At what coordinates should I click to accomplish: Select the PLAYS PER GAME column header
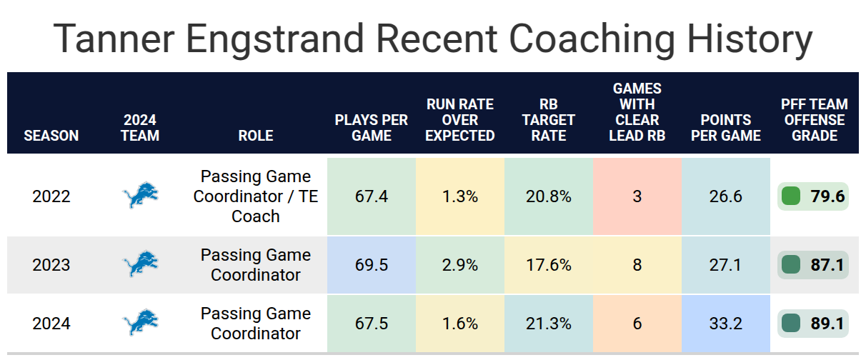tap(371, 128)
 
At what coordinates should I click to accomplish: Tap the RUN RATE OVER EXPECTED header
tap(460, 120)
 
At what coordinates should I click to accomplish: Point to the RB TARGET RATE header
tap(549, 120)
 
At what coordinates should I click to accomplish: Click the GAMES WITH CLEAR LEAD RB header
tap(637, 111)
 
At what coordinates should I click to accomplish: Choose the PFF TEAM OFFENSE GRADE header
tap(814, 120)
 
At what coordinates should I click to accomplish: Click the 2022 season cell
tap(51, 196)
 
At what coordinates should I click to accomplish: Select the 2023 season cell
tap(51, 265)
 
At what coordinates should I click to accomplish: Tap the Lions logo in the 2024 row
tap(140, 322)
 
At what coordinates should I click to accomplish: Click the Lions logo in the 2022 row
tap(140, 195)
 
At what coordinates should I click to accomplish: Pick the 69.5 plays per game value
tap(372, 265)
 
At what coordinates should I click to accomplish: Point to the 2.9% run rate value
tap(460, 265)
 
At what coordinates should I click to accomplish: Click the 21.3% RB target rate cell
tap(549, 324)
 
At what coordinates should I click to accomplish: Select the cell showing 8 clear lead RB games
tap(637, 265)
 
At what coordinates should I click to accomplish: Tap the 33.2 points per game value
tap(726, 324)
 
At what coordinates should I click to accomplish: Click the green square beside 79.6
tap(791, 196)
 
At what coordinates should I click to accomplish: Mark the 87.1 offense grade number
tap(827, 265)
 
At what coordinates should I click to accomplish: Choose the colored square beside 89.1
tap(791, 324)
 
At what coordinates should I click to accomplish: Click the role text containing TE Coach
tap(256, 196)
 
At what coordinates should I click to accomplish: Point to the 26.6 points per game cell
tap(726, 196)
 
